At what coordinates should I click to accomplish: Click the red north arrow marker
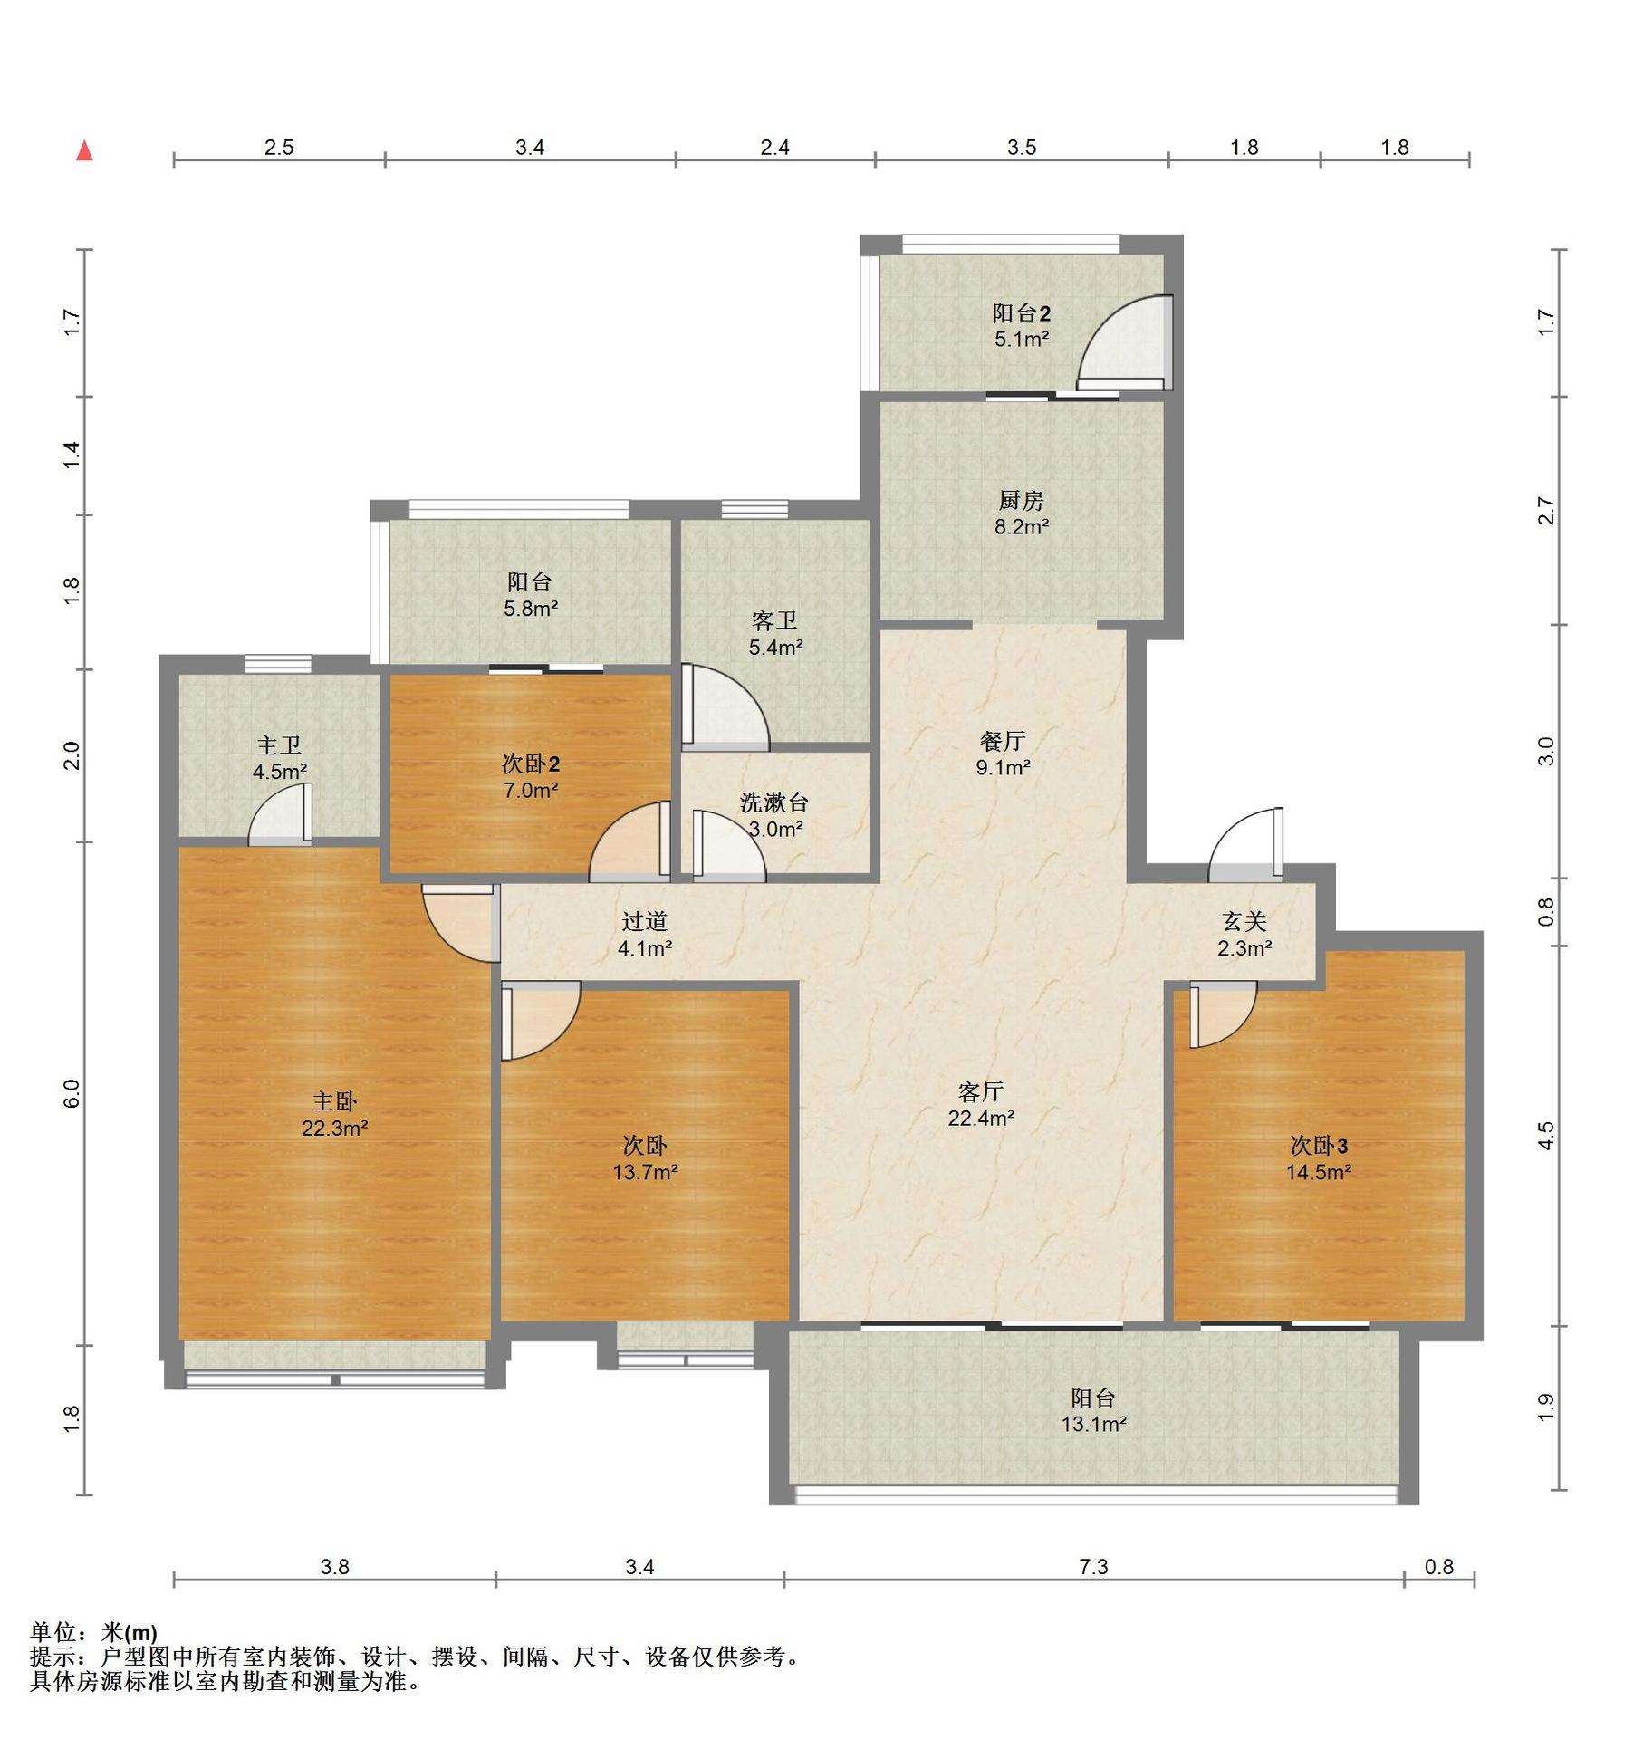click(x=84, y=150)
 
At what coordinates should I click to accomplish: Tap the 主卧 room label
click(x=334, y=1101)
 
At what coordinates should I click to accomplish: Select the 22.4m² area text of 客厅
click(x=981, y=1118)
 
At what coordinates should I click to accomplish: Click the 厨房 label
click(x=1022, y=500)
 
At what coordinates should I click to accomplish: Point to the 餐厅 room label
click(x=1003, y=741)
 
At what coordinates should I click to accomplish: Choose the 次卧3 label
click(x=1319, y=1146)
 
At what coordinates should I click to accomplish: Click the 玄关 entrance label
click(x=1244, y=921)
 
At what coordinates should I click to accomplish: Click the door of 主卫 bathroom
click(x=281, y=813)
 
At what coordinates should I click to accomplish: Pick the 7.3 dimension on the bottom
click(x=1093, y=1566)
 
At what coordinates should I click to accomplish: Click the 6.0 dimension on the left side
click(x=72, y=1093)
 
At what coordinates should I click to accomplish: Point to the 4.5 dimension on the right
click(x=1546, y=1136)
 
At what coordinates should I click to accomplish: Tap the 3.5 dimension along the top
click(x=1022, y=147)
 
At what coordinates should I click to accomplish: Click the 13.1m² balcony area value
click(x=1094, y=1424)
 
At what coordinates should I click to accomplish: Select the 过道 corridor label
click(x=645, y=921)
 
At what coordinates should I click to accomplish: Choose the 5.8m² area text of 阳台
click(x=531, y=609)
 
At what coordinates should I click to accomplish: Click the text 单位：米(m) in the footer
click(x=94, y=1633)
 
